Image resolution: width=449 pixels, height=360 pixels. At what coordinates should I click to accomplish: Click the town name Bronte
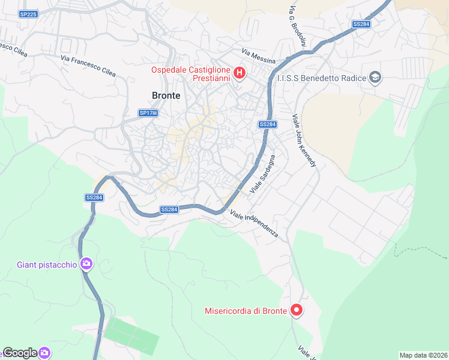pos(166,95)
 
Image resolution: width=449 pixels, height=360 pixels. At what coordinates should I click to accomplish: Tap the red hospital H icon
pos(240,74)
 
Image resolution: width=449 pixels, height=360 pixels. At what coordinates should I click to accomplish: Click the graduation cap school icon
pos(375,77)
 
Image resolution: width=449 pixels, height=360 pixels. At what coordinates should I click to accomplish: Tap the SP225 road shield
pos(28,13)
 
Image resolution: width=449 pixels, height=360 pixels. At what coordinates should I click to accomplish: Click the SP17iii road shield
pos(148,113)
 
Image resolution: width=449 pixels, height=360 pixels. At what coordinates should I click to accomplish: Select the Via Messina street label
pos(259,57)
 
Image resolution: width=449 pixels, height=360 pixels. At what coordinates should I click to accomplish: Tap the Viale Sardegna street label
pos(262,173)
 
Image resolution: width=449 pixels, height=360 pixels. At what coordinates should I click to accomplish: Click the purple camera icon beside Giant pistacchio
pos(86,264)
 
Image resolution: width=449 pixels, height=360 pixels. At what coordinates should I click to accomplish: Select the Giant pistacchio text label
pos(47,265)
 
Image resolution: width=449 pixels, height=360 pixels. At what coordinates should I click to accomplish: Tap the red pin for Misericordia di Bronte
pos(296,310)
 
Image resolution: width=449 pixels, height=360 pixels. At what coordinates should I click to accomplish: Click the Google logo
pos(20,353)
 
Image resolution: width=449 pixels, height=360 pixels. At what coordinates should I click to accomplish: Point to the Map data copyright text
pos(424,355)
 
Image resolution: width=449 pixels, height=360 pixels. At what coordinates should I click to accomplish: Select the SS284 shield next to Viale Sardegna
pos(268,124)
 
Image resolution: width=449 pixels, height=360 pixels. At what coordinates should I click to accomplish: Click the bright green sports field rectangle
pos(131,335)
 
